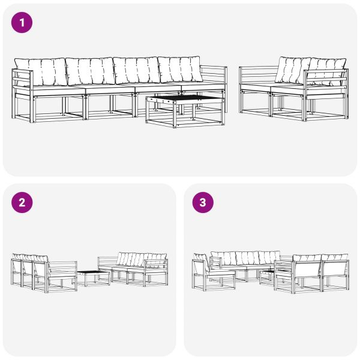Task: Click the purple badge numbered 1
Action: point(22,23)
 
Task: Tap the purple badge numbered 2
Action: point(22,202)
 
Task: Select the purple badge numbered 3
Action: point(202,202)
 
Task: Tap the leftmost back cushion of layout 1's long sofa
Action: point(41,71)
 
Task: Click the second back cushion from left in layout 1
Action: point(89,71)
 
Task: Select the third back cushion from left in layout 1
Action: point(136,71)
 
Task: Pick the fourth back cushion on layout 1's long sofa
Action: point(180,71)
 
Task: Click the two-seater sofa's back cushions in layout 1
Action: point(311,71)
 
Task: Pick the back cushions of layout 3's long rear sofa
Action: point(240,258)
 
